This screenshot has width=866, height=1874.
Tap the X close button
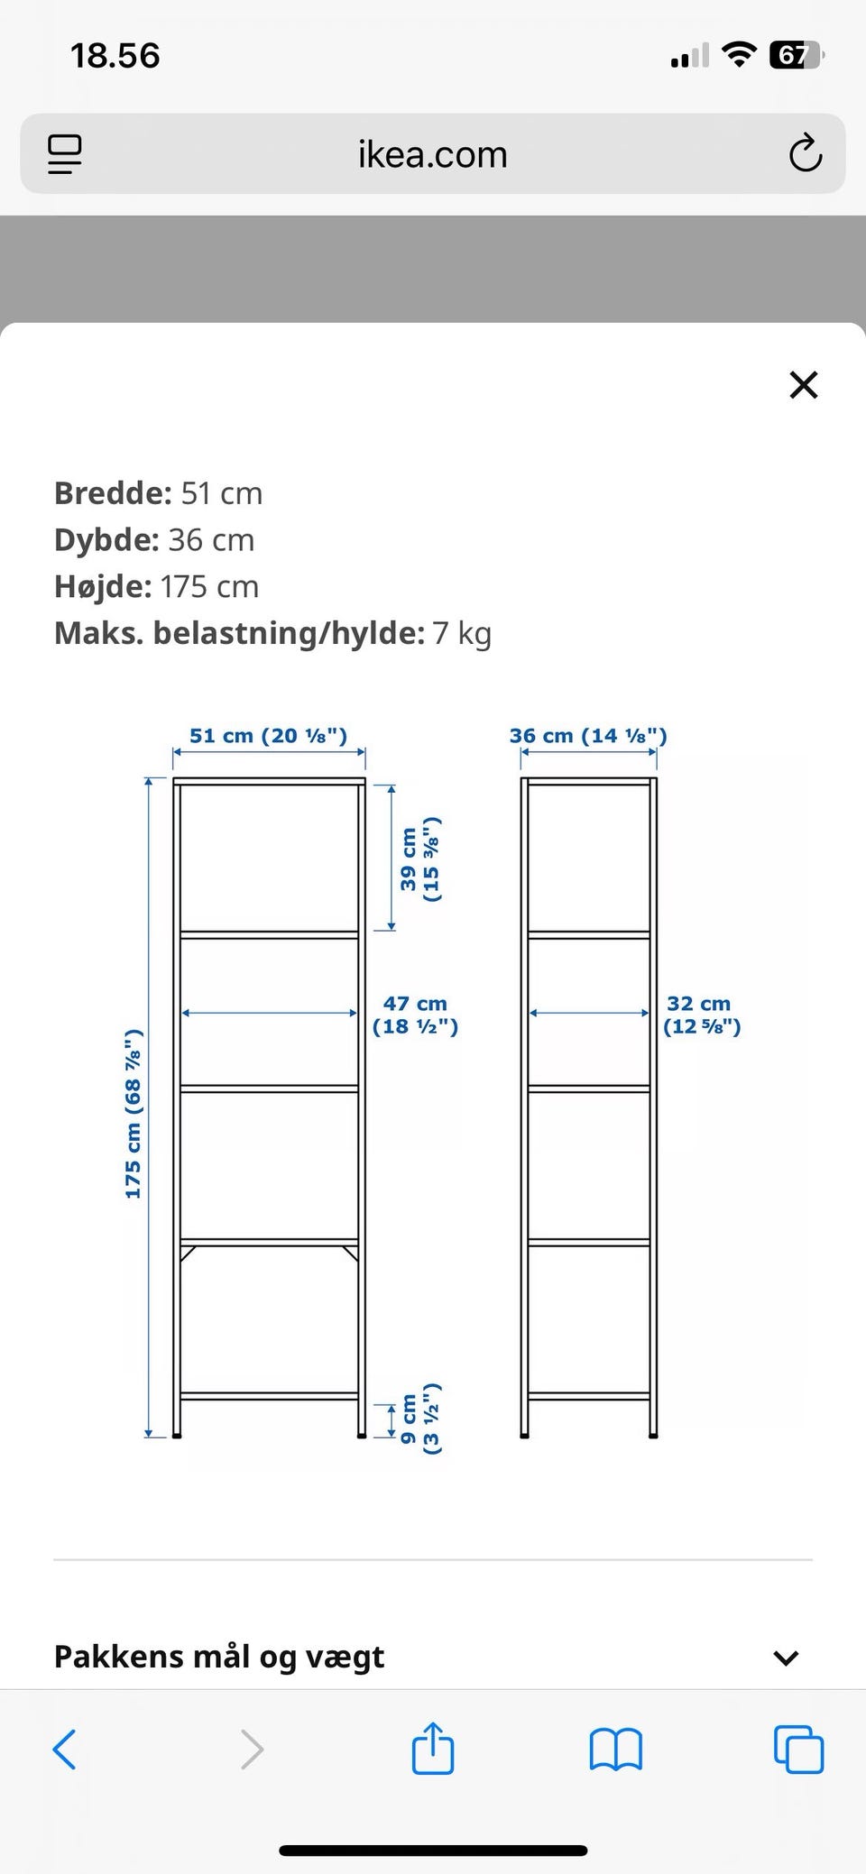point(803,385)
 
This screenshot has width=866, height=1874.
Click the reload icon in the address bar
point(805,153)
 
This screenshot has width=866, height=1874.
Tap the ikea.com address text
point(433,154)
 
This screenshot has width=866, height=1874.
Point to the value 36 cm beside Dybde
point(211,540)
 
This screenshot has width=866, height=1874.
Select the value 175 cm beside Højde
point(209,587)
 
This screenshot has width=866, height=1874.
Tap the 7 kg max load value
point(462,634)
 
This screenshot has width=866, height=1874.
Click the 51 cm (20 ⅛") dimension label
point(268,735)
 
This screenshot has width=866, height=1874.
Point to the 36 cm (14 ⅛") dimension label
point(588,735)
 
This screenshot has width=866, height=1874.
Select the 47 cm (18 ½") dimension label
point(415,1015)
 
